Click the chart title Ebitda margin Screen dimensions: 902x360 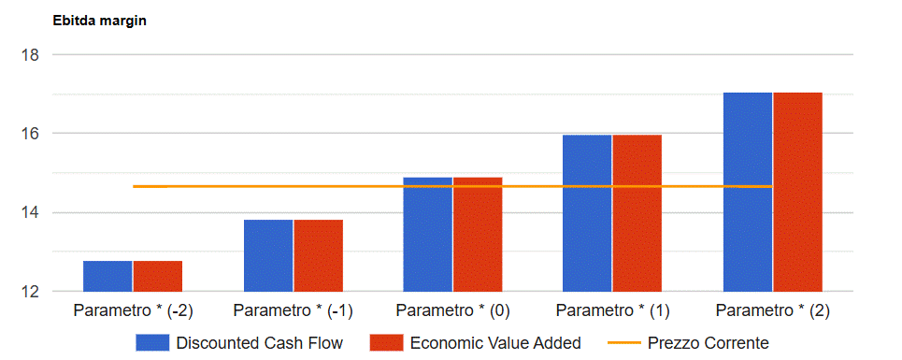[99, 22]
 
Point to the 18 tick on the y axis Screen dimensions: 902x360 [31, 55]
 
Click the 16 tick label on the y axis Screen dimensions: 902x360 [31, 134]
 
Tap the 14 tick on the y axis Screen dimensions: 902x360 [31, 213]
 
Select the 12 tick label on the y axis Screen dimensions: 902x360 [31, 292]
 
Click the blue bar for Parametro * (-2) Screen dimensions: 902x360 [107, 276]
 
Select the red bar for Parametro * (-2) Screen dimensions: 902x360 [158, 276]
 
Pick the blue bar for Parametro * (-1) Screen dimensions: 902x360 [268, 256]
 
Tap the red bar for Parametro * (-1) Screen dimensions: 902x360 [318, 256]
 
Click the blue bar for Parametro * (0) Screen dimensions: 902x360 [428, 235]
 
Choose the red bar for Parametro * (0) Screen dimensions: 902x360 [478, 235]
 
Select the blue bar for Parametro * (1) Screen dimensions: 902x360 [587, 213]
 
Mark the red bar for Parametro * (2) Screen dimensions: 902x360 [798, 192]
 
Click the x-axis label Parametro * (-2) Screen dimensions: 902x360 [133, 311]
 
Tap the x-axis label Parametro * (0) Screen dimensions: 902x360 [452, 311]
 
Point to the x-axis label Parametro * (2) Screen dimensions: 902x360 [773, 311]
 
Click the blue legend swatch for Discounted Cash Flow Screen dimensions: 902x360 [152, 343]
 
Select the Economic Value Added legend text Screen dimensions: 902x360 [495, 343]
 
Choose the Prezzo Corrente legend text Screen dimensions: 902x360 [709, 343]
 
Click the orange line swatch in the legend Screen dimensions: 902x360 [624, 343]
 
